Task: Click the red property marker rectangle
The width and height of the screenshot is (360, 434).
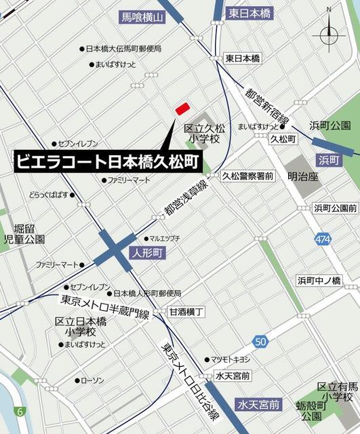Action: click(182, 108)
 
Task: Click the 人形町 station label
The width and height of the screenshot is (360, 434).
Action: click(147, 254)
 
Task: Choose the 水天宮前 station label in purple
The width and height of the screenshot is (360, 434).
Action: click(258, 405)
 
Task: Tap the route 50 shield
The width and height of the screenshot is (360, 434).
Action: click(261, 340)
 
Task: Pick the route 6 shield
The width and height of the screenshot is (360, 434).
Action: click(20, 411)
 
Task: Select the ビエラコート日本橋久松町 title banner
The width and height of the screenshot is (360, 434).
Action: click(108, 161)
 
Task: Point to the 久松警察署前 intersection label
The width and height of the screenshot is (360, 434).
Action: click(247, 176)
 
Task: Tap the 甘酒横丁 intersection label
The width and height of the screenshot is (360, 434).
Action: click(187, 311)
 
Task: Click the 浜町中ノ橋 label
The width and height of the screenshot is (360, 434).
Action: click(319, 280)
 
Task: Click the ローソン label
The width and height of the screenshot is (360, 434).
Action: click(92, 380)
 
